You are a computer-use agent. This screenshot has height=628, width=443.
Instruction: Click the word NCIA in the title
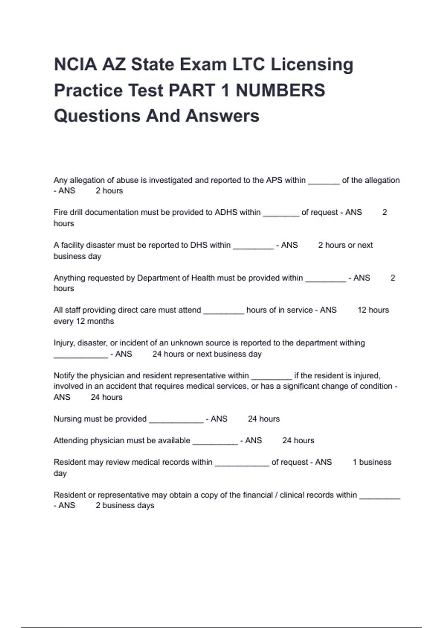click(75, 64)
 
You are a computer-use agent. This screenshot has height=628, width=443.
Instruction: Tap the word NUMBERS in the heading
click(281, 90)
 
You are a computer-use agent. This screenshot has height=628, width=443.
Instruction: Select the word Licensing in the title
click(312, 64)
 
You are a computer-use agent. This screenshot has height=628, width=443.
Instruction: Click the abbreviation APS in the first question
click(274, 180)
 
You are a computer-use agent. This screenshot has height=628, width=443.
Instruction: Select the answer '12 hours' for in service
click(373, 310)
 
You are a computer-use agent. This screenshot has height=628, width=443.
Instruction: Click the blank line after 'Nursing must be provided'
click(176, 419)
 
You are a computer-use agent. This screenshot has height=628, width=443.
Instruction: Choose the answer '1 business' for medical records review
click(372, 462)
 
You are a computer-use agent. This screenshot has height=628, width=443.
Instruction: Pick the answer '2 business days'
click(125, 505)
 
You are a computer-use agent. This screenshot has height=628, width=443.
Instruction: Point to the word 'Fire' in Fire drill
click(60, 212)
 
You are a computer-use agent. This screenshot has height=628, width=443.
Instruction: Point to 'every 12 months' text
click(84, 321)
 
